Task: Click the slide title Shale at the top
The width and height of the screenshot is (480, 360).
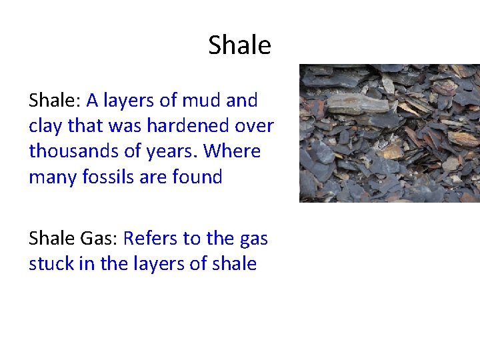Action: point(239,45)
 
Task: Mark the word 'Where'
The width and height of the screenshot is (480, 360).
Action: point(232,151)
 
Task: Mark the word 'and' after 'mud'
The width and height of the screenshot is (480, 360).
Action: point(241,101)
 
